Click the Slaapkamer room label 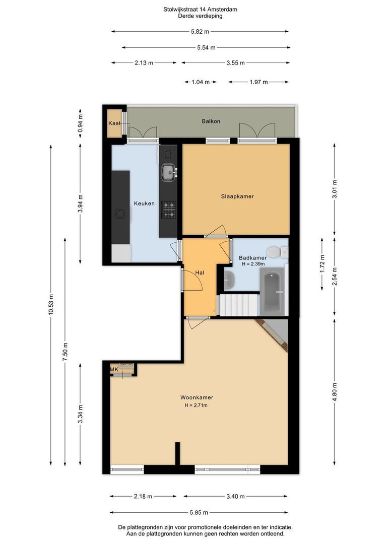(237, 196)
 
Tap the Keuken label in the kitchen (145, 203)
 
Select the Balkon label (211, 121)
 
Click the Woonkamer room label (197, 397)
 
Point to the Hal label (200, 273)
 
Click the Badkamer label (253, 258)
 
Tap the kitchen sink (169, 172)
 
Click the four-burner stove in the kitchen (168, 210)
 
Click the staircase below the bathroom (239, 305)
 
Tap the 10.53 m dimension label (51, 305)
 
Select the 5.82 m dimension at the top (200, 32)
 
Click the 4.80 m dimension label (334, 392)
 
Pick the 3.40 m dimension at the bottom (236, 497)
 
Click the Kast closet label (114, 123)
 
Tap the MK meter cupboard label (114, 370)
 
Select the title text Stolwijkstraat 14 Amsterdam (201, 10)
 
